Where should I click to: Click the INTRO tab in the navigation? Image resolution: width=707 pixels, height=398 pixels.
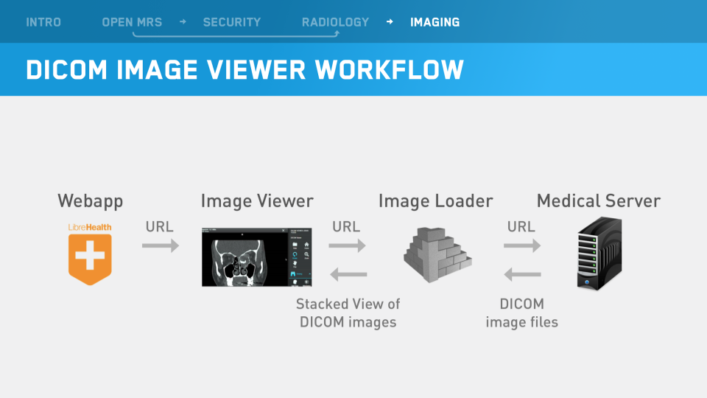tap(43, 22)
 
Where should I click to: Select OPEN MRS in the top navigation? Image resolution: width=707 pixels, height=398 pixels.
tap(132, 22)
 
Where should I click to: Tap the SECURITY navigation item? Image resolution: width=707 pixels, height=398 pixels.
tap(232, 22)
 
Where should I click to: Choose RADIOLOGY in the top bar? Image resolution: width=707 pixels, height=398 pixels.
tap(335, 22)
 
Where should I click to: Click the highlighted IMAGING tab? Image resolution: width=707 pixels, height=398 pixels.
tap(435, 22)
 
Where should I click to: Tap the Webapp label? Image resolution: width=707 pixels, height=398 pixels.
tap(91, 200)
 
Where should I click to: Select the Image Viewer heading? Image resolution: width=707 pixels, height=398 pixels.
tap(257, 200)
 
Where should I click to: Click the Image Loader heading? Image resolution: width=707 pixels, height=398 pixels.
tap(435, 200)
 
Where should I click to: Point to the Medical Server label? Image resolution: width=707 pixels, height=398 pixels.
tap(598, 200)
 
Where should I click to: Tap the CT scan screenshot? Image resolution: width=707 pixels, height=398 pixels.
tap(257, 256)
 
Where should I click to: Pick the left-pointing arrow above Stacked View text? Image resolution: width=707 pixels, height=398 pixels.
tap(348, 275)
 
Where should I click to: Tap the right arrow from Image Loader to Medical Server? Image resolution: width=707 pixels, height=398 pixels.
tap(522, 246)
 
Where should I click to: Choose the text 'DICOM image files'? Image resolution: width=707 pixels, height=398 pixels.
tap(521, 313)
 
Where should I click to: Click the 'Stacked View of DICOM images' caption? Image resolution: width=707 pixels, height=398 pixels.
tap(348, 313)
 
